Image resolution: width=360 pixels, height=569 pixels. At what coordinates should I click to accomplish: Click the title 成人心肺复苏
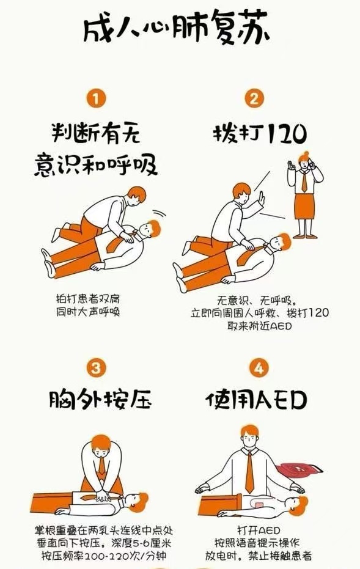[177, 27]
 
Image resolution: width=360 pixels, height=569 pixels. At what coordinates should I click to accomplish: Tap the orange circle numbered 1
[96, 98]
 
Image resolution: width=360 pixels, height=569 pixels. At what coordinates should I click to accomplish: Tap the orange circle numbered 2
[254, 98]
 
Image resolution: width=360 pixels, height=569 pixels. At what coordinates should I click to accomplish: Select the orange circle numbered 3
[96, 369]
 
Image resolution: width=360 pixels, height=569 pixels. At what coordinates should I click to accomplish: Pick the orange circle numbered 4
[259, 369]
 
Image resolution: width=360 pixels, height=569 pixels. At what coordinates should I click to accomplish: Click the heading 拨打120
[260, 133]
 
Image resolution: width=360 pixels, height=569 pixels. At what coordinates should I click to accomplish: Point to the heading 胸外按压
[100, 399]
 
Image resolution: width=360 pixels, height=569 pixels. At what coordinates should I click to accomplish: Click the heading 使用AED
[256, 400]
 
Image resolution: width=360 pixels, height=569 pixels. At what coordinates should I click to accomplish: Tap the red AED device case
[299, 472]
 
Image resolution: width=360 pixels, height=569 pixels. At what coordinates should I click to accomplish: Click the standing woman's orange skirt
[304, 206]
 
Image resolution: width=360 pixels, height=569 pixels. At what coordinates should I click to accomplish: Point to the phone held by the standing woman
[310, 163]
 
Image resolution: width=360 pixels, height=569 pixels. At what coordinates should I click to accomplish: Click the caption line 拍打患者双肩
[87, 299]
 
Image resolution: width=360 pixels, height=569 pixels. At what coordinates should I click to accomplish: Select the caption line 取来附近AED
[260, 326]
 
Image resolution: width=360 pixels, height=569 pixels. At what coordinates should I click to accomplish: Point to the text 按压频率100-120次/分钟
[103, 556]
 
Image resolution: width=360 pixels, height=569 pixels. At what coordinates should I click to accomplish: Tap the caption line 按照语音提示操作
[257, 543]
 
